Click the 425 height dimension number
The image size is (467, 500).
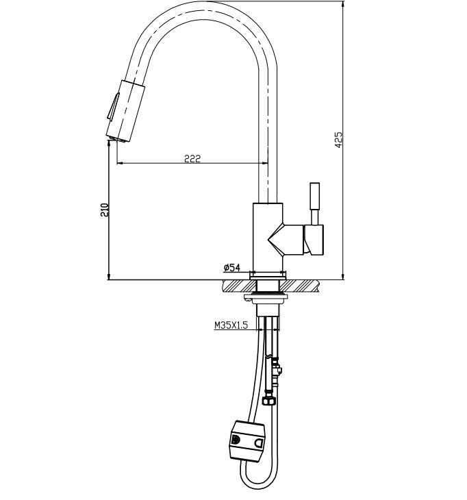[338, 140]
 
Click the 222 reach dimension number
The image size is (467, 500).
[192, 158]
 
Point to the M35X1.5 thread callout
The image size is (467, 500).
[230, 326]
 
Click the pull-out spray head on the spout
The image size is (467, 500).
[123, 110]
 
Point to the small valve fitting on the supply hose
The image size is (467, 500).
[277, 371]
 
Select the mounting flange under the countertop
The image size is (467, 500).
[268, 297]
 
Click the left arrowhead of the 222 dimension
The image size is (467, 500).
[121, 164]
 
